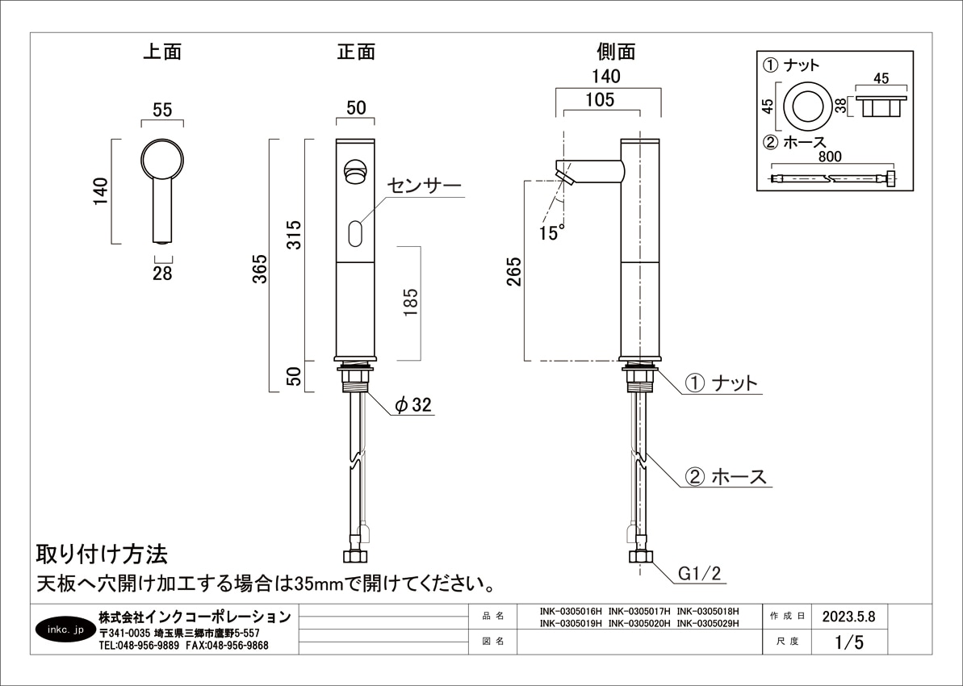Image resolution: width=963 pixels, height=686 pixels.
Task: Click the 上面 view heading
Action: (x=162, y=52)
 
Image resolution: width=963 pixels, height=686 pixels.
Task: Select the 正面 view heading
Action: (x=356, y=52)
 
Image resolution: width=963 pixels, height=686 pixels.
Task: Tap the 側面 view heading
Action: (x=616, y=52)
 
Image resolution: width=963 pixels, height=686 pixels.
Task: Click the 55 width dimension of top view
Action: (x=162, y=110)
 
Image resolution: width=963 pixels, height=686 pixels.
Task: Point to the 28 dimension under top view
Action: (x=162, y=274)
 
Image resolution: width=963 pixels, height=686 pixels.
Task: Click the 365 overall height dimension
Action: (x=261, y=269)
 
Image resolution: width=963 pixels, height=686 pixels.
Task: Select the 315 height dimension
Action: (x=295, y=235)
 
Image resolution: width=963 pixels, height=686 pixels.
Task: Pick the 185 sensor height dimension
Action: (x=410, y=302)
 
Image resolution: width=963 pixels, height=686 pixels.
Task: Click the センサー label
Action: (x=424, y=186)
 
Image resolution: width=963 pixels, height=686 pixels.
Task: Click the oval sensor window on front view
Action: (x=355, y=234)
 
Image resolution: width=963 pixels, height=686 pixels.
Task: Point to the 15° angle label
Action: (x=551, y=232)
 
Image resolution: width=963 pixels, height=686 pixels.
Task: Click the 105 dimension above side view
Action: (x=600, y=99)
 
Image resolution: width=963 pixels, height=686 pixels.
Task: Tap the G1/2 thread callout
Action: (x=699, y=574)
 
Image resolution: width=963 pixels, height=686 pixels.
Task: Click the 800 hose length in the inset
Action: (x=829, y=157)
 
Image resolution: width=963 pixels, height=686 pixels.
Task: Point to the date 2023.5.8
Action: (x=848, y=617)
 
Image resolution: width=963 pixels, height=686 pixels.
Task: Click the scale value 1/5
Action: (x=849, y=642)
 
